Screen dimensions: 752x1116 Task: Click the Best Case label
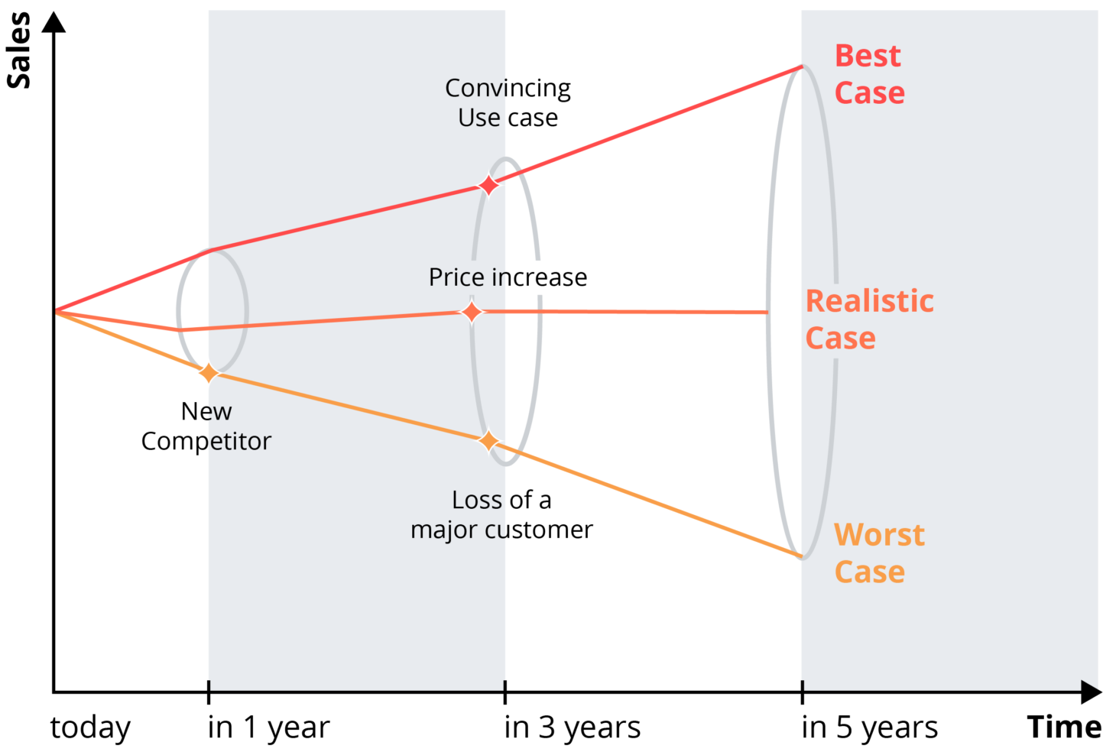coord(869,74)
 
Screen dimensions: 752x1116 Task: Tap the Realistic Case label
coord(869,319)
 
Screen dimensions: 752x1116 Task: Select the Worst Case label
coord(878,553)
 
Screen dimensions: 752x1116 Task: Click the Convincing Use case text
coord(508,102)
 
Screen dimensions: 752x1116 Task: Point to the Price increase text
coord(508,277)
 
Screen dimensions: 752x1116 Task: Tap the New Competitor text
coord(206,426)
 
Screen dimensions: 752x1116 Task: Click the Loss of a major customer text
coord(501,514)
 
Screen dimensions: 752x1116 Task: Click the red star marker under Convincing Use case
coord(488,185)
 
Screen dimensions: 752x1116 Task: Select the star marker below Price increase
coord(472,312)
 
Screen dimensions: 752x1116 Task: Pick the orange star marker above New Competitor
coord(208,373)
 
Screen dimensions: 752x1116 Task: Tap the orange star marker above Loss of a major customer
coord(488,441)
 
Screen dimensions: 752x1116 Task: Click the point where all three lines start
coord(57,311)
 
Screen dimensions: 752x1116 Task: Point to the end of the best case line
coord(802,67)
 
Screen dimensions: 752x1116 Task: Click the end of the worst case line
coord(801,556)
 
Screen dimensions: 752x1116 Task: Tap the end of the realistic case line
coord(767,313)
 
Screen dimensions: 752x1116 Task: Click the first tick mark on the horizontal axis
coord(209,686)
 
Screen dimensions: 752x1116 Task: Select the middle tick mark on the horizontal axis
coord(504,686)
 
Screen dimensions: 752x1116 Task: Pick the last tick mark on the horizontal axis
coord(802,686)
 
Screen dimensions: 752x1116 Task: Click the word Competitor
coord(206,441)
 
